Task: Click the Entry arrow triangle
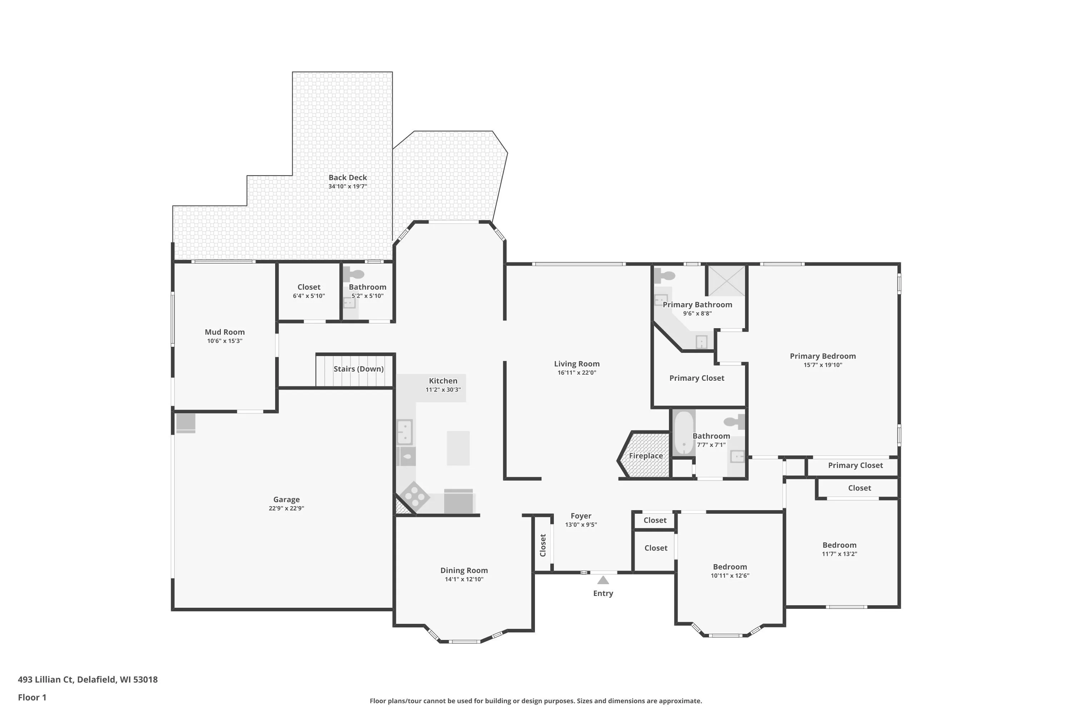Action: (x=603, y=580)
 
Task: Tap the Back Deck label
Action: (x=348, y=177)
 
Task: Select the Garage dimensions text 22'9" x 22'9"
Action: (x=286, y=508)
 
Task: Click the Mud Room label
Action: (x=225, y=332)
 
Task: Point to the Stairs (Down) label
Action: (x=359, y=369)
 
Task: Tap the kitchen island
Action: (x=458, y=448)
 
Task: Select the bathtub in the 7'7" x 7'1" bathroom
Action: (x=684, y=433)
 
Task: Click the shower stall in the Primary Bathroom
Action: (x=726, y=280)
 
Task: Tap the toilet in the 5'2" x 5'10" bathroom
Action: (x=354, y=275)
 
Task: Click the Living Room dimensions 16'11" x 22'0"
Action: (x=577, y=373)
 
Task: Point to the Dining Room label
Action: (x=464, y=571)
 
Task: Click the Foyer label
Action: (x=581, y=516)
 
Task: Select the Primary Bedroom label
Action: (x=823, y=356)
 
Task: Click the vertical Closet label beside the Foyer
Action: (x=543, y=546)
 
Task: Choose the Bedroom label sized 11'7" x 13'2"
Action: (x=839, y=545)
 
